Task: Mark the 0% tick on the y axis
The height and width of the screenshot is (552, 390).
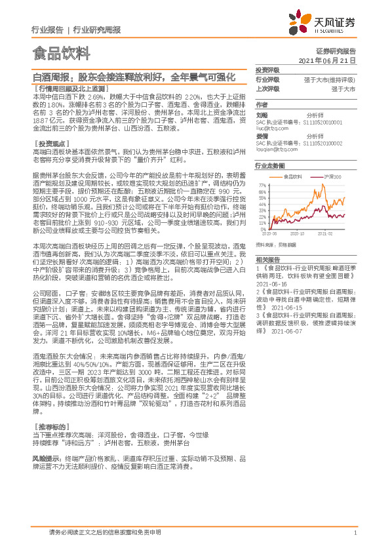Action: point(263,226)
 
